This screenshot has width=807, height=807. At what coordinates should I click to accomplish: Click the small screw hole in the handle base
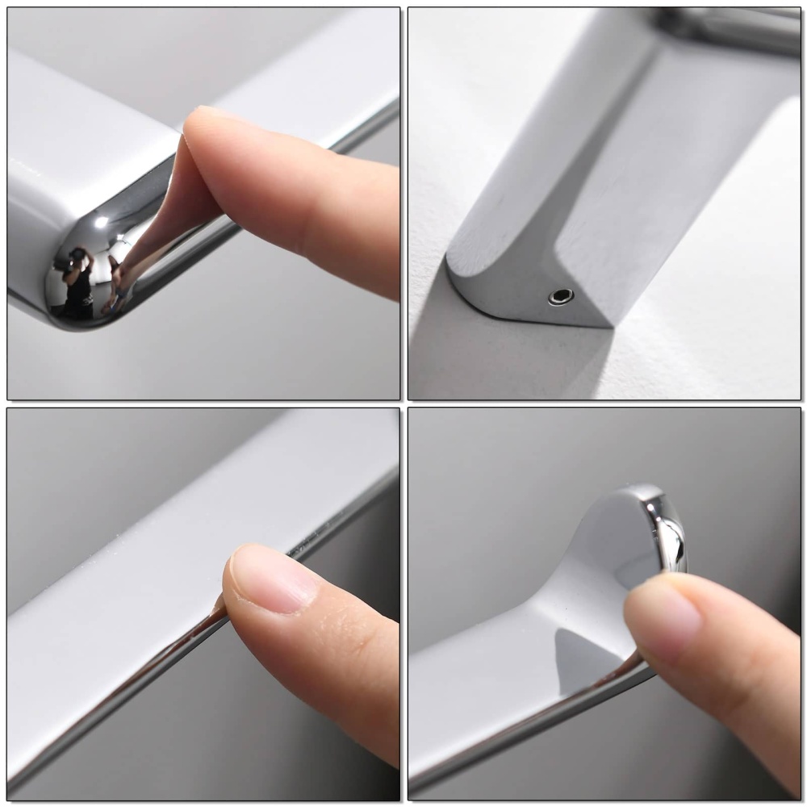pyautogui.click(x=561, y=296)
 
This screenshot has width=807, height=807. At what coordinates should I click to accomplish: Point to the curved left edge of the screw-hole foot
pyautogui.click(x=457, y=282)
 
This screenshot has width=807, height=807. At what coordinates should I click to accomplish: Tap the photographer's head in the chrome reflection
pyautogui.click(x=77, y=255)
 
